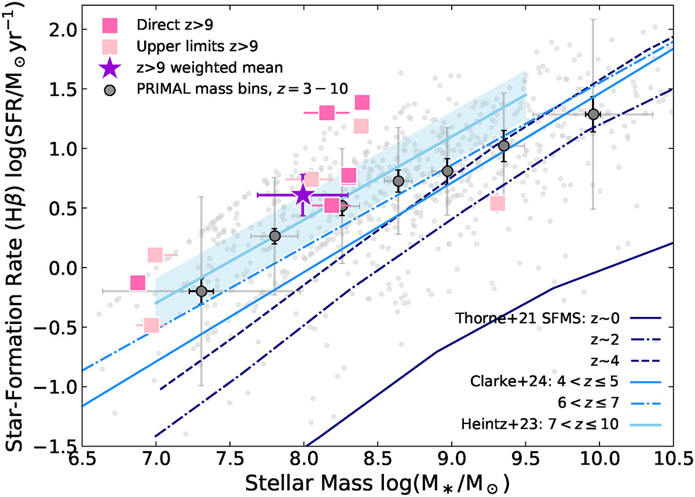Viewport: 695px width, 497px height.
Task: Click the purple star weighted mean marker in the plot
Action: pos(303,195)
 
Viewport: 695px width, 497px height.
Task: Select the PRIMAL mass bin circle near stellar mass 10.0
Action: pos(592,114)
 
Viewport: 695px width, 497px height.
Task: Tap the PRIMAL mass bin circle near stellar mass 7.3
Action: pos(202,290)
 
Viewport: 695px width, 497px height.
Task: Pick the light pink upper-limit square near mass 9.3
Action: pos(498,203)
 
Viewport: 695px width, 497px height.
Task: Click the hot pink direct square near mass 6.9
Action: pos(137,283)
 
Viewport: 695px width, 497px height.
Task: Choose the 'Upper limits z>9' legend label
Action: pos(180,46)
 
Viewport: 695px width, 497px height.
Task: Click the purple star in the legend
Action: pos(109,68)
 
